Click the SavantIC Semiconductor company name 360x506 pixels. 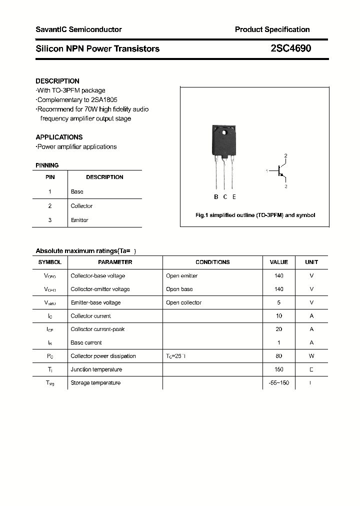click(x=78, y=29)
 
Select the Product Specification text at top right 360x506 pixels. click(x=272, y=29)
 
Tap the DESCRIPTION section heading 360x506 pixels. click(x=57, y=81)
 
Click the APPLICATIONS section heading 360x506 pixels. click(x=59, y=137)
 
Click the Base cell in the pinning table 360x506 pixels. click(x=77, y=191)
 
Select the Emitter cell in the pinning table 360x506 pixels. click(x=79, y=220)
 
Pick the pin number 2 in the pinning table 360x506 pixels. click(x=50, y=206)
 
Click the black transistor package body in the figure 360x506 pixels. click(x=223, y=141)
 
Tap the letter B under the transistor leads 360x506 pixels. click(x=216, y=197)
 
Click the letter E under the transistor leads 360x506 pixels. click(x=234, y=197)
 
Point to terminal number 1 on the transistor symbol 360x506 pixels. click(x=267, y=171)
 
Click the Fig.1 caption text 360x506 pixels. click(x=255, y=215)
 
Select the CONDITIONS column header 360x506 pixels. click(x=212, y=262)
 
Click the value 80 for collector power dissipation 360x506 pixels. click(x=279, y=356)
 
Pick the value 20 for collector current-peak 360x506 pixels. click(x=279, y=329)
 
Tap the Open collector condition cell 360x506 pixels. click(x=183, y=302)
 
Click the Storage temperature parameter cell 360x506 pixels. click(x=95, y=383)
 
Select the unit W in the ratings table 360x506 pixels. click(x=311, y=356)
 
